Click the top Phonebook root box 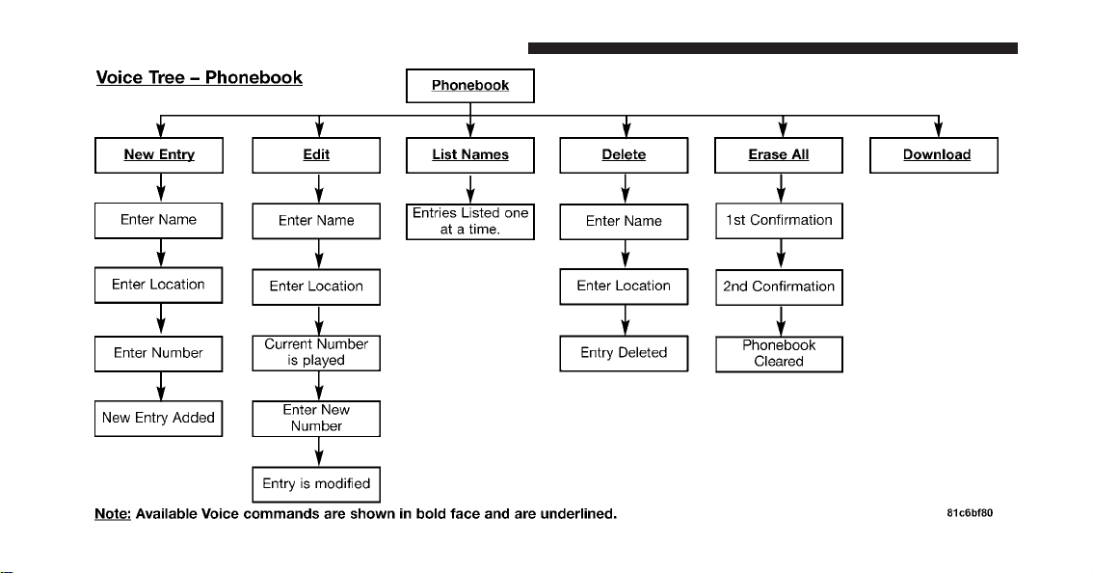[x=470, y=86]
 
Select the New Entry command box [x=159, y=155]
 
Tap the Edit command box [x=316, y=155]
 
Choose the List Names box [x=470, y=155]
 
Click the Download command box [x=934, y=155]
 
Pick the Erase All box [x=779, y=155]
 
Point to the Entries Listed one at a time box [x=470, y=221]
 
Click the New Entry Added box [x=159, y=418]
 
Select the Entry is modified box [x=316, y=484]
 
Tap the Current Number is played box [x=316, y=352]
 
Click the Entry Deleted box [x=624, y=353]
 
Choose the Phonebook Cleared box [x=780, y=354]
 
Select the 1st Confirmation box [x=780, y=221]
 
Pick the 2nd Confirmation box [x=780, y=286]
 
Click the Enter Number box [x=159, y=354]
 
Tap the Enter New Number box [x=316, y=418]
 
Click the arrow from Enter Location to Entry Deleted [x=626, y=320]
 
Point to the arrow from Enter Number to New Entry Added [x=161, y=386]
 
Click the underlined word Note [x=113, y=514]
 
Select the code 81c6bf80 [x=970, y=513]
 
